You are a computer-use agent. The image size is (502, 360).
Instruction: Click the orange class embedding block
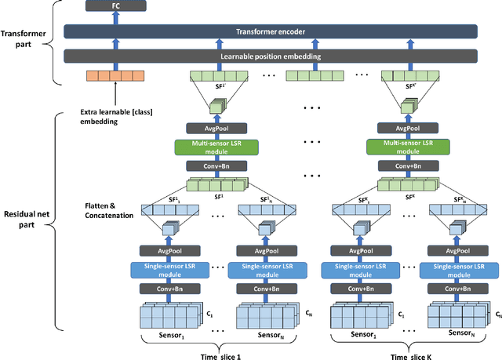pyautogui.click(x=116, y=76)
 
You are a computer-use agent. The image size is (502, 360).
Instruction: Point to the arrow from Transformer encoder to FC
pyautogui.click(x=117, y=20)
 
